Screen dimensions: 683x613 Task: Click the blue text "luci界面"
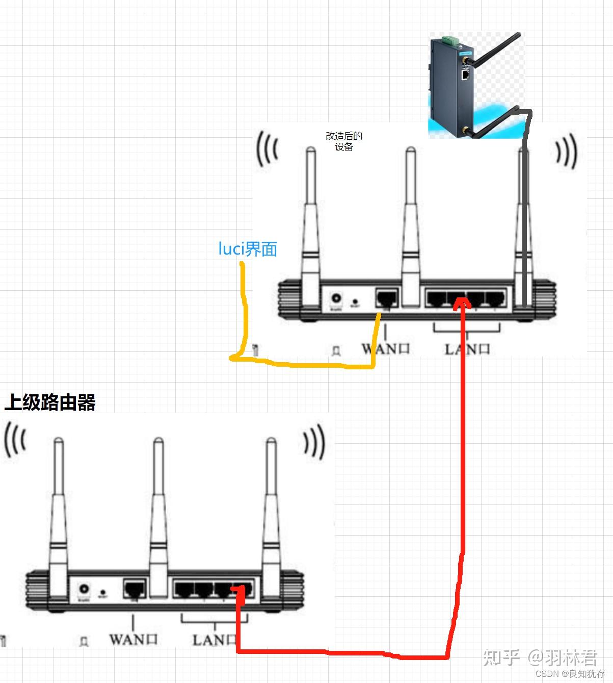pyautogui.click(x=248, y=249)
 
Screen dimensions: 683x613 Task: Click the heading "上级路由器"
pyautogui.click(x=50, y=402)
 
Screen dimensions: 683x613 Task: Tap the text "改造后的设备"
pyautogui.click(x=344, y=141)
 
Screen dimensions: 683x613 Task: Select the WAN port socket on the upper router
pyautogui.click(x=387, y=298)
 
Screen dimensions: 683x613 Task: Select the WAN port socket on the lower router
pyautogui.click(x=135, y=589)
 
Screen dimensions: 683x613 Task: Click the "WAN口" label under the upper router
pyautogui.click(x=386, y=349)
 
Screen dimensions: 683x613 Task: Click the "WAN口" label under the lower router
pyautogui.click(x=133, y=639)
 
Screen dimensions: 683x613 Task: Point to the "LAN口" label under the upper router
pyautogui.click(x=467, y=349)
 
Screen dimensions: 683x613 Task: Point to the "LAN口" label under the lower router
pyautogui.click(x=214, y=640)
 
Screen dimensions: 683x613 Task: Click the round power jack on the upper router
pyautogui.click(x=336, y=298)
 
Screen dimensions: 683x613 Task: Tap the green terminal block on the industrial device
pyautogui.click(x=450, y=39)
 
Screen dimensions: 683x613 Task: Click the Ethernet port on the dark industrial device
pyautogui.click(x=465, y=74)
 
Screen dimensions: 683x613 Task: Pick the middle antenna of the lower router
pyautogui.click(x=158, y=515)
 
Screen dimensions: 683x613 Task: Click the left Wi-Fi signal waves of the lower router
pyautogui.click(x=15, y=440)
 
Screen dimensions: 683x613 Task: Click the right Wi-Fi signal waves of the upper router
pyautogui.click(x=566, y=151)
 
